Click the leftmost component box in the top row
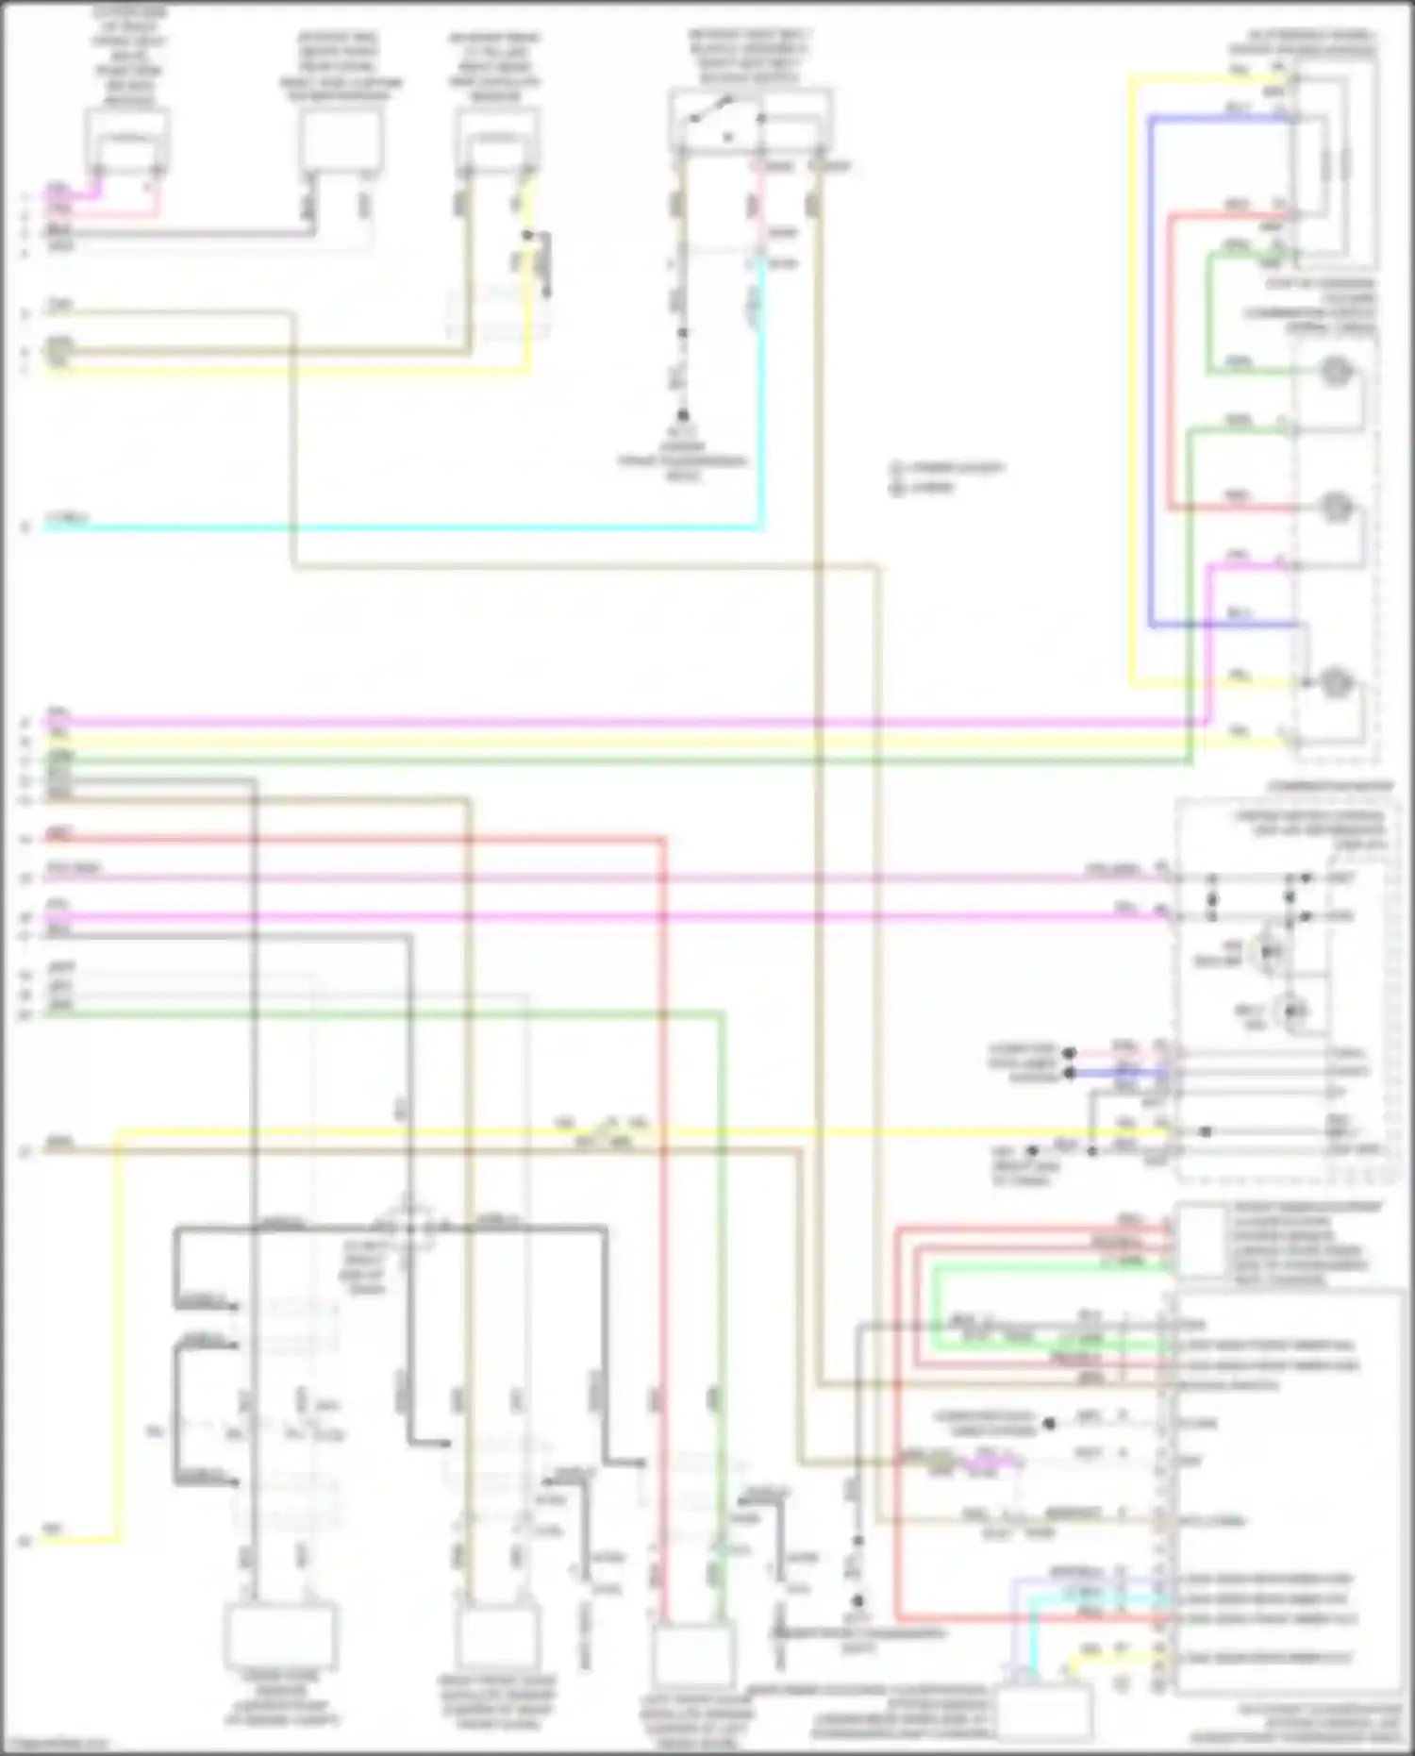tap(126, 140)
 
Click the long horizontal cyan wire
tap(396, 527)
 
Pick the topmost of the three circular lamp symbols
tap(1334, 371)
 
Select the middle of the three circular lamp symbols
tap(1334, 508)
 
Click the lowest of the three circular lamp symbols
tap(1334, 681)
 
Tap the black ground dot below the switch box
tap(682, 415)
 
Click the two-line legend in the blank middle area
tap(946, 477)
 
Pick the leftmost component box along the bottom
tap(280, 1636)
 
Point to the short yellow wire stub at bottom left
tap(80, 1541)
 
